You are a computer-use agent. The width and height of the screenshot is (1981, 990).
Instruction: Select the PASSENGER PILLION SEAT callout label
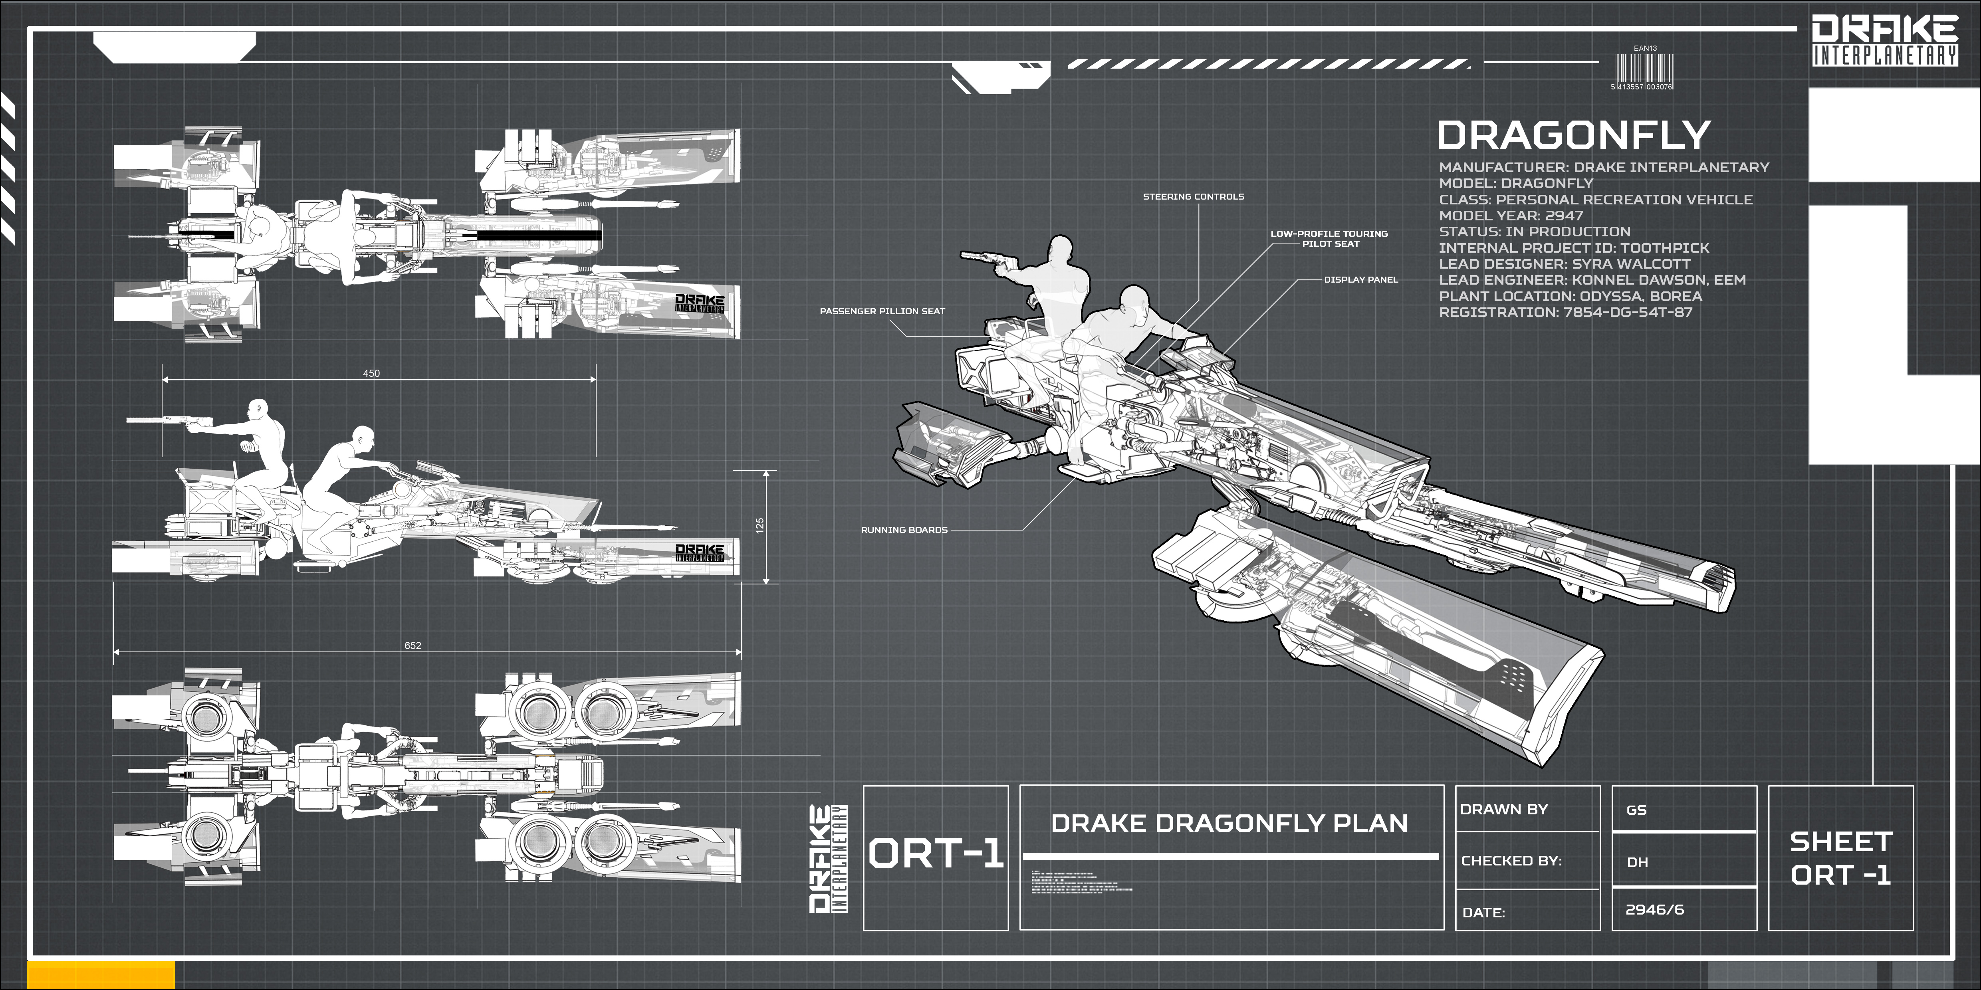tap(882, 311)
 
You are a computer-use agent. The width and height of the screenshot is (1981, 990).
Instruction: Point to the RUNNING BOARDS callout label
tap(904, 530)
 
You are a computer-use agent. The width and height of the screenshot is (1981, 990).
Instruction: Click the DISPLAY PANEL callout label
tap(1360, 280)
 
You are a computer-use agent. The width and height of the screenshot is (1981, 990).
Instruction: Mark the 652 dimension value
tap(413, 645)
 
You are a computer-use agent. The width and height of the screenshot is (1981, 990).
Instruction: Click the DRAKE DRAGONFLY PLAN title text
tap(1229, 823)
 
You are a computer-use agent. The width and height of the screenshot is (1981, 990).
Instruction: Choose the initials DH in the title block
tap(1637, 862)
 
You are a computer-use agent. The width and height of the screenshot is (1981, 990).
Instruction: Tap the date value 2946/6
tap(1654, 909)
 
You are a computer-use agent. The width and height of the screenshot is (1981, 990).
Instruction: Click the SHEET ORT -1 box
tap(1840, 858)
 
